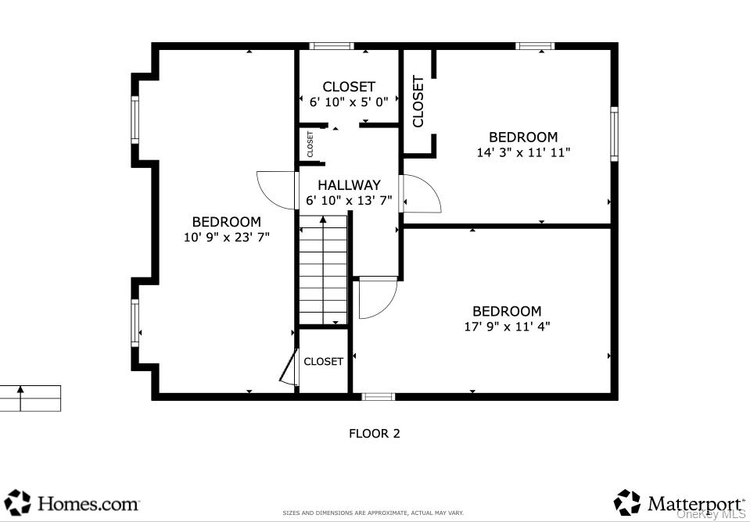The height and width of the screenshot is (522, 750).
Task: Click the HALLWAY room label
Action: click(349, 185)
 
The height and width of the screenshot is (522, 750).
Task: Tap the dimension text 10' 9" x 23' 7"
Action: click(226, 238)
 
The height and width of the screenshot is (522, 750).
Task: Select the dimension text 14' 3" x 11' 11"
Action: click(523, 152)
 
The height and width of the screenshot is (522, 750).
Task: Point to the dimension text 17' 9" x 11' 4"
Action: click(507, 327)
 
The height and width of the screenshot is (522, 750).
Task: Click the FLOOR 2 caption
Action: click(374, 433)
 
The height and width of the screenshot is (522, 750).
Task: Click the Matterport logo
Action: click(679, 502)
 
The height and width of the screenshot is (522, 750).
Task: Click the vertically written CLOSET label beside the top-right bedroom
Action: click(418, 102)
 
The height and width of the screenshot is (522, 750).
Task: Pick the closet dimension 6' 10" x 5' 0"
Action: click(349, 102)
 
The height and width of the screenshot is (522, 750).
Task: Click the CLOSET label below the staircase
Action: click(323, 361)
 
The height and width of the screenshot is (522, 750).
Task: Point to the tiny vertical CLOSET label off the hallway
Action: click(310, 144)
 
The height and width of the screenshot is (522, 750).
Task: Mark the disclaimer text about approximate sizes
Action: click(373, 513)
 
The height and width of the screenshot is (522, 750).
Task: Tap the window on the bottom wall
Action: click(379, 396)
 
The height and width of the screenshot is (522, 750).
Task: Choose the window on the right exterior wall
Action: click(614, 134)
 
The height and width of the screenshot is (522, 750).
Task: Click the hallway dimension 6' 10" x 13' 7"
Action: click(349, 201)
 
